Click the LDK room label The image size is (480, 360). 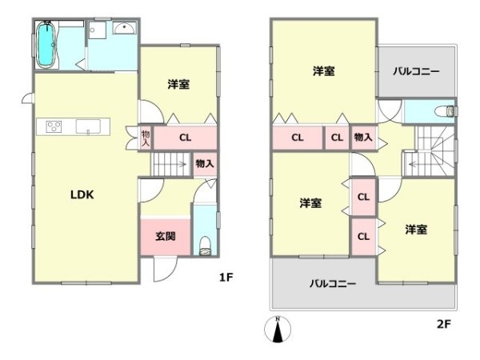82,194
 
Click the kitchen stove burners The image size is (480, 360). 54,126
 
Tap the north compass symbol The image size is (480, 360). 278,329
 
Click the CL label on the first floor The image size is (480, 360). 185,138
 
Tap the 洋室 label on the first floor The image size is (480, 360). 179,83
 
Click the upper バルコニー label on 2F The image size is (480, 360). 416,72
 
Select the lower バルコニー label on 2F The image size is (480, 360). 334,283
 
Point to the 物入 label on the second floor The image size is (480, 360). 362,138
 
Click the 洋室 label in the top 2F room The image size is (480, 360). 323,72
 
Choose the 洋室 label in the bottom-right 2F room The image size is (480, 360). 415,230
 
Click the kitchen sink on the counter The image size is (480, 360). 86,126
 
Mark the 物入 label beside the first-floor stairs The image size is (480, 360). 205,164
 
